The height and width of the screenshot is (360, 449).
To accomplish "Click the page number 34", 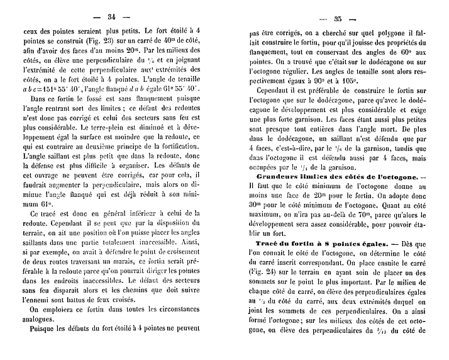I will [114, 16].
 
